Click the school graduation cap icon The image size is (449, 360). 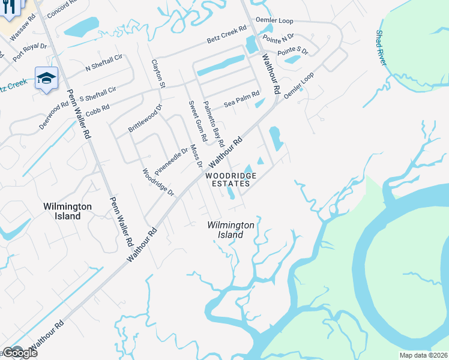pos(46,78)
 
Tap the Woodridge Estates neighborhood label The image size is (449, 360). pos(231,179)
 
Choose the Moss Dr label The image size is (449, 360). pos(196,155)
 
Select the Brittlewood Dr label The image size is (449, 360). pos(145,118)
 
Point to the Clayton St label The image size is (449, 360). pos(158,73)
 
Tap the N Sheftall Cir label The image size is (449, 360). pos(104,62)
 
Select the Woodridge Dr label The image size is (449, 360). pos(158,182)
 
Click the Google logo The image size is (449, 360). pos(19,353)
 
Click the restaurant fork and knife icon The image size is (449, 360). pos(9,8)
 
